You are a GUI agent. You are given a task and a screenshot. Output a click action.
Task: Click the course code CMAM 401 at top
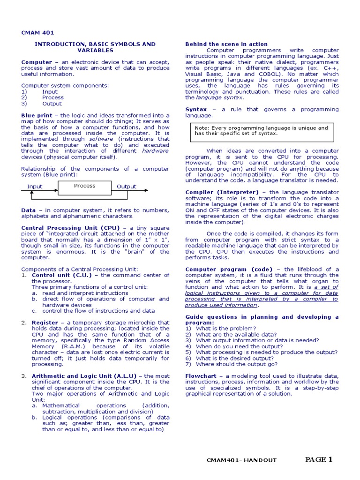coord(37,33)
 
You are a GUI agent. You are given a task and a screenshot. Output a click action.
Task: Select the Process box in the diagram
coord(84,186)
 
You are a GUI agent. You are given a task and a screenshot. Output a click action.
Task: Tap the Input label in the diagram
coord(35,187)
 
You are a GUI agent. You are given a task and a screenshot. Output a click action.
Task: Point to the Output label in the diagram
coord(126,187)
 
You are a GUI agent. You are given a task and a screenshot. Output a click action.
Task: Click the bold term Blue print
coord(37,115)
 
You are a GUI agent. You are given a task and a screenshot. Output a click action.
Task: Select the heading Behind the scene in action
coord(226,44)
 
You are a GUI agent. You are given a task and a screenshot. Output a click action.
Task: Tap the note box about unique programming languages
coord(262,131)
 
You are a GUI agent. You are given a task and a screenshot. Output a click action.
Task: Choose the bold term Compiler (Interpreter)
coord(222,192)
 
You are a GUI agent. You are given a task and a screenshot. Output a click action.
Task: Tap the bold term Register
coord(45,322)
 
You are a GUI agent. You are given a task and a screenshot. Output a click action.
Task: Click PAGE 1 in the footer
coord(319,459)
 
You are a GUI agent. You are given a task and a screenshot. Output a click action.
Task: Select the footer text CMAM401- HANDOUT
coord(241,460)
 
